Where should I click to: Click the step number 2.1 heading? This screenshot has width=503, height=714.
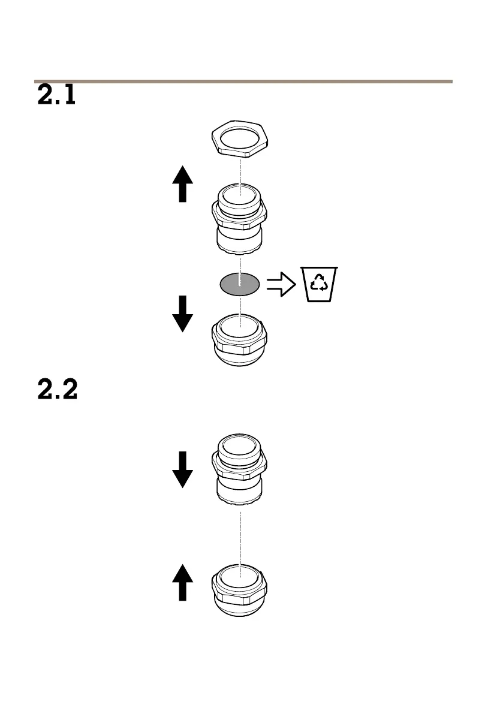56,96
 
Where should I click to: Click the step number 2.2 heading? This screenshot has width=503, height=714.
58,391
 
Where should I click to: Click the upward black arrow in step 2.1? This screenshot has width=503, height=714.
182,184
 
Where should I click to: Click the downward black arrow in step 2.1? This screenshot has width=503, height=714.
182,313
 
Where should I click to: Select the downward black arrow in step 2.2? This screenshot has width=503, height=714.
182,469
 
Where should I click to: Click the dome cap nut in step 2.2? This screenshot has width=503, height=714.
240,591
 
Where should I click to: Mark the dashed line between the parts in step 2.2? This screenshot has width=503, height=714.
240,537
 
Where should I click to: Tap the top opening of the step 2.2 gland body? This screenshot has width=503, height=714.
240,444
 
